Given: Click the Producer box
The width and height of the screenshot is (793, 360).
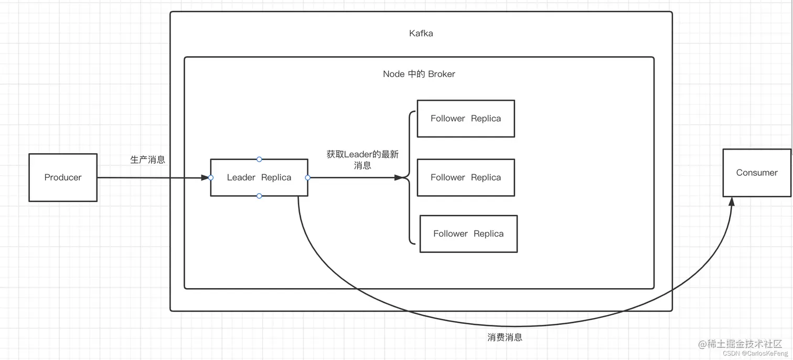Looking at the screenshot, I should click(63, 177).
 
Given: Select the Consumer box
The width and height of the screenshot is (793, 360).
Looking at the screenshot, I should click(757, 173).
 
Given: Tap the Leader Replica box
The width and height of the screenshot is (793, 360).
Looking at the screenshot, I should click(259, 177).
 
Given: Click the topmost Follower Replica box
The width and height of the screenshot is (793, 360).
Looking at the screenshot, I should click(466, 119).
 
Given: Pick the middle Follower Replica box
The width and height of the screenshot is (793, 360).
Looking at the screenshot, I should click(466, 177).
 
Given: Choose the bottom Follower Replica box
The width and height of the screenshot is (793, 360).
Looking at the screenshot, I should click(468, 234).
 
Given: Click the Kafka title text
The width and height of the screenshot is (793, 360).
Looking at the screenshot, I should click(421, 33).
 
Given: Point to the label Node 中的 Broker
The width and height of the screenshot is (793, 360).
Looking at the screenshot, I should click(419, 74).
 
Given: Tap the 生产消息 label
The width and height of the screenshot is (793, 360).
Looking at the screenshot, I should click(148, 160).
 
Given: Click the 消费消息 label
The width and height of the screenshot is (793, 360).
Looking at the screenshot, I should click(505, 337).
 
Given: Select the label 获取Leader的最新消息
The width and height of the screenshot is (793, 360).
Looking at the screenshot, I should click(362, 160).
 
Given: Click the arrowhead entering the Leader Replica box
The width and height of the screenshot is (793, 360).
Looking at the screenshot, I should click(205, 177).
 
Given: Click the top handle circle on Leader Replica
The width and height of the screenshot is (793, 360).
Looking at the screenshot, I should click(259, 159).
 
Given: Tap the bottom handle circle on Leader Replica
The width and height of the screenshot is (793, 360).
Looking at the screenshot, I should click(259, 196).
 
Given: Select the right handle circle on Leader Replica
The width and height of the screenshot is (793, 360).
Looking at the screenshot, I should click(308, 177).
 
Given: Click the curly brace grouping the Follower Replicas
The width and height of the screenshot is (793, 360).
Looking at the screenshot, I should click(409, 177).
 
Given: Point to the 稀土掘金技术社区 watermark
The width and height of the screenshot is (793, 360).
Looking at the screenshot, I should click(745, 344).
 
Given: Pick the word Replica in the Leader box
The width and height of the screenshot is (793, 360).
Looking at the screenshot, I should click(276, 177).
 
